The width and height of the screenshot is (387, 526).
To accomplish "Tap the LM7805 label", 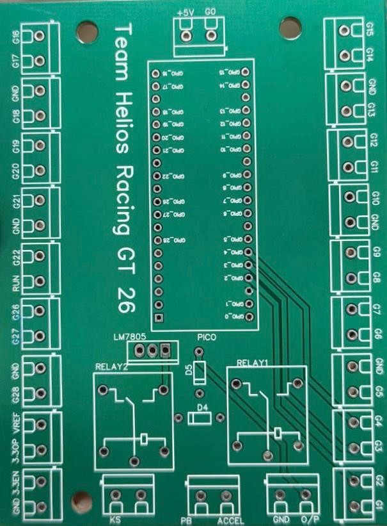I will pos(127,338).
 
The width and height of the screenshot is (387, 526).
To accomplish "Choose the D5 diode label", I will pos(189,369).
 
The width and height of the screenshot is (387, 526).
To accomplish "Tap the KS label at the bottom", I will pos(115,520).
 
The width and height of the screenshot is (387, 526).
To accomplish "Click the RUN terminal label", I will pos(16,283).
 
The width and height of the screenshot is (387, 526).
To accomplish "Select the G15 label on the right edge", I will pos(372,28).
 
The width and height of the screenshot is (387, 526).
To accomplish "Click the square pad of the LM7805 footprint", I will pos(166,350).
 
